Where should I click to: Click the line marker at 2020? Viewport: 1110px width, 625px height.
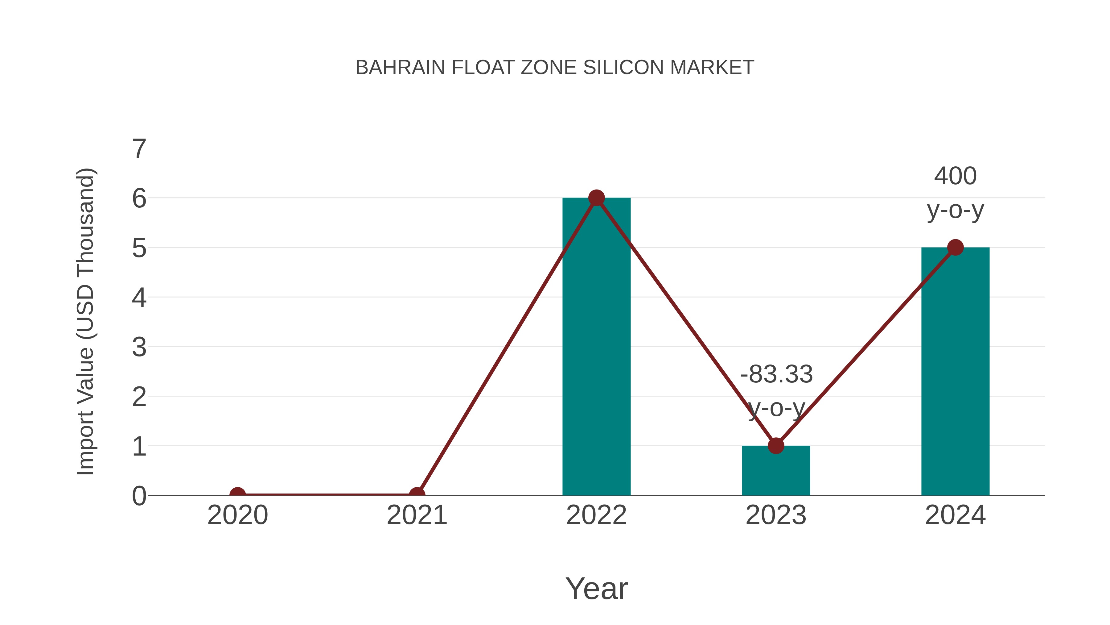coord(237,494)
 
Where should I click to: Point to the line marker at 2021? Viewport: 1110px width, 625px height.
coord(417,494)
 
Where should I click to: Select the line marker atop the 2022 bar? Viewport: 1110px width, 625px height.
coord(596,198)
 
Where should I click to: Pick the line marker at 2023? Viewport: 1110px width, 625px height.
coord(776,446)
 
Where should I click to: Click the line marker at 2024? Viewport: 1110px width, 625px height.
coord(955,248)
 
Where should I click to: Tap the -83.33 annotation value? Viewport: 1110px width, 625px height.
coord(776,374)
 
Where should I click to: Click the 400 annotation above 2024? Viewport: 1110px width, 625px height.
coord(955,176)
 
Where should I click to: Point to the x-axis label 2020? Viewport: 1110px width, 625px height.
coord(237,515)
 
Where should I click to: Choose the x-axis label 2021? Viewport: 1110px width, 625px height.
coord(417,515)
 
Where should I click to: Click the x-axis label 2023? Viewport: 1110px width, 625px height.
coord(776,515)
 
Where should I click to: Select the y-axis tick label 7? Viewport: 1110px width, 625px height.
coord(139,149)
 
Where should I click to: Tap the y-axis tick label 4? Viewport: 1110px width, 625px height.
coord(139,298)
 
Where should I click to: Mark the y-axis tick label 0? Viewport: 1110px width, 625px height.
coord(139,496)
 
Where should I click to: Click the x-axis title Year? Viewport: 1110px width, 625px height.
coord(596,588)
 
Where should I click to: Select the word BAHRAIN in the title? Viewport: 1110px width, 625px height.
coord(400,68)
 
